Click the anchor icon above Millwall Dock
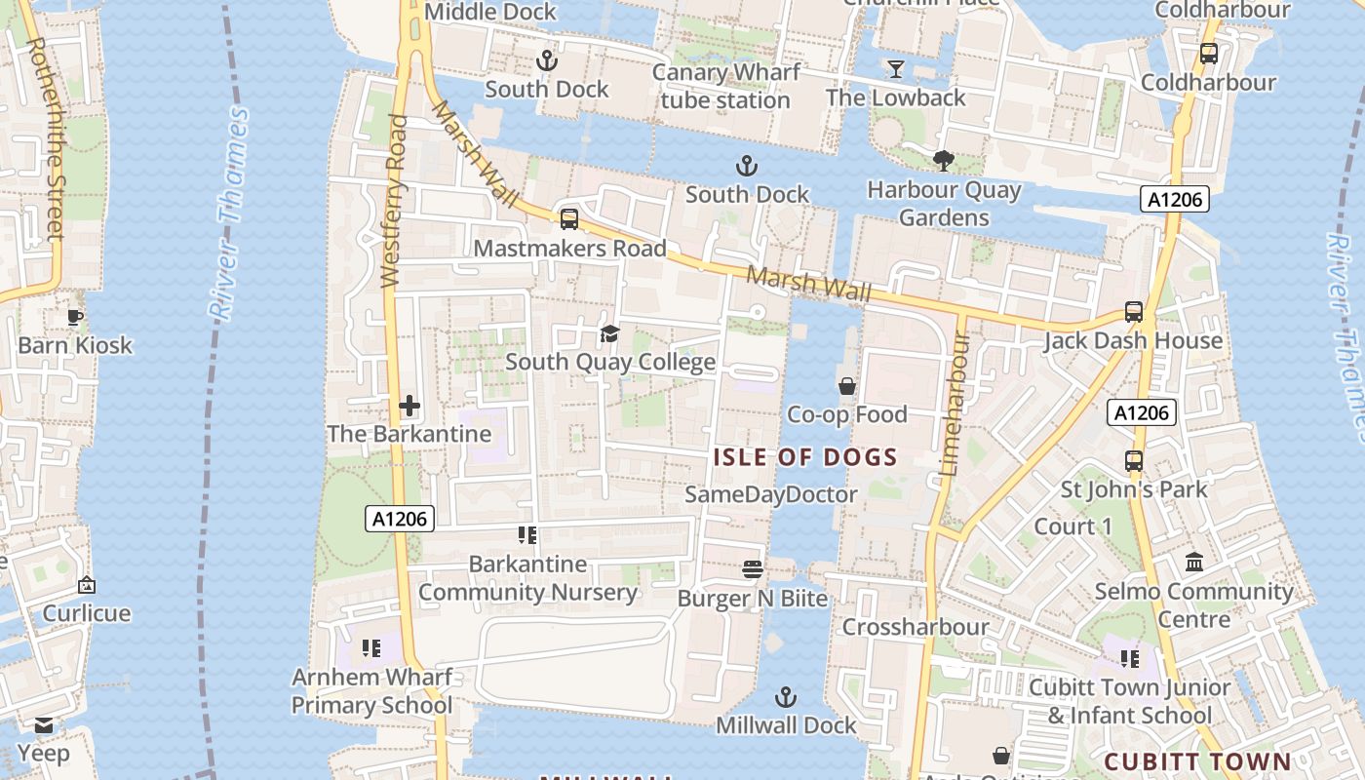pyautogui.click(x=785, y=697)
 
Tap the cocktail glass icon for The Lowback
pyautogui.click(x=895, y=68)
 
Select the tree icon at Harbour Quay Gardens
pyautogui.click(x=943, y=161)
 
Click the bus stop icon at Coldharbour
pyautogui.click(x=1208, y=54)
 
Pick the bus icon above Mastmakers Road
pyautogui.click(x=569, y=219)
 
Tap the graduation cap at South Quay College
pyautogui.click(x=609, y=334)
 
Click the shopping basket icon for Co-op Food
pyautogui.click(x=846, y=386)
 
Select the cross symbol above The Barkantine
pyautogui.click(x=409, y=406)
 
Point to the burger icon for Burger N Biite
pyautogui.click(x=752, y=569)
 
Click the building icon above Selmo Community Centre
pyautogui.click(x=1193, y=563)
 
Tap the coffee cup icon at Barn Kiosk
pyautogui.click(x=75, y=317)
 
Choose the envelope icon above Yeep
pyautogui.click(x=43, y=725)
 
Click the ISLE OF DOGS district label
pyautogui.click(x=805, y=457)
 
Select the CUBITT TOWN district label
pyautogui.click(x=1197, y=761)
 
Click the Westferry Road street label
pyautogui.click(x=394, y=201)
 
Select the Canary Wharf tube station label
pyautogui.click(x=725, y=87)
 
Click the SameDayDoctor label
pyautogui.click(x=770, y=494)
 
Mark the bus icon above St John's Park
pyautogui.click(x=1133, y=460)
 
